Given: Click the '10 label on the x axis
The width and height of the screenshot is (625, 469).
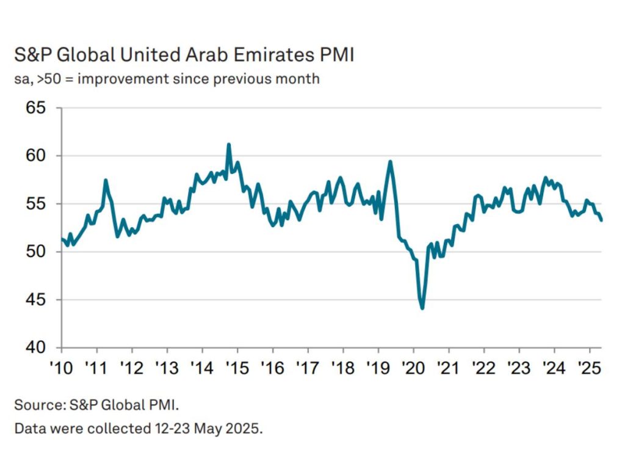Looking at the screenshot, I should pos(62,369).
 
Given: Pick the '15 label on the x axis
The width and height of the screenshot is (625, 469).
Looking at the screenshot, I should pos(237,369).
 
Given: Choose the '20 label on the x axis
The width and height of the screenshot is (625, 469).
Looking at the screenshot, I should pos(413,369).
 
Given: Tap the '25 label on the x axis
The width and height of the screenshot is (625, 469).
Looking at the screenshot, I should pos(589,369).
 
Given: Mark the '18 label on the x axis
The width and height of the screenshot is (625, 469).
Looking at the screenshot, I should pos(343,369).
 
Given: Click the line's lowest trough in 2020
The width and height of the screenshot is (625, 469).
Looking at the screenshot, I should pos(422,308).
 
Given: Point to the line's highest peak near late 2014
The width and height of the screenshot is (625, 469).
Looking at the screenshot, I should pos(228,145).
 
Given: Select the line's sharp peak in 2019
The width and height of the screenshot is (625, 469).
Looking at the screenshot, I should pos(390,161).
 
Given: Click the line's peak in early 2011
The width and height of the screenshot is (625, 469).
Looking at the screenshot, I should pos(106,180).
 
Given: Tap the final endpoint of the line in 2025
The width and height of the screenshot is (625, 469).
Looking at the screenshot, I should pos(602,220).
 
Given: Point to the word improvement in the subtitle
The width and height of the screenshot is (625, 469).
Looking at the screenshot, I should pos(127,79).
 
